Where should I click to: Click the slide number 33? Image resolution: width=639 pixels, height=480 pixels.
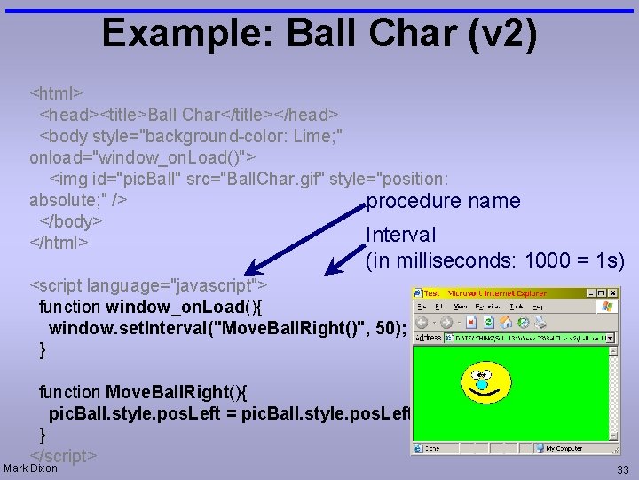point(622,469)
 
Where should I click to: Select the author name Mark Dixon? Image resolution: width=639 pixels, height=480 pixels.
point(31,468)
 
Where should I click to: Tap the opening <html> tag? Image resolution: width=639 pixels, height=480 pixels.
point(57,92)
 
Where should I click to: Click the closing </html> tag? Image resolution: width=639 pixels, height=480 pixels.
point(59,242)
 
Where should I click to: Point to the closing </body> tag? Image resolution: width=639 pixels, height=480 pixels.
point(71,220)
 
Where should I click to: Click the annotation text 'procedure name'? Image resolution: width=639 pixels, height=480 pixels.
point(443,202)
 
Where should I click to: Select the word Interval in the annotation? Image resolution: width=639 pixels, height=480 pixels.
point(401,236)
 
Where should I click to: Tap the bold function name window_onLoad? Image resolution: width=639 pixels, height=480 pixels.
point(169,308)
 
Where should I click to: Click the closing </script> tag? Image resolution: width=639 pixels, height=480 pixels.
point(63,456)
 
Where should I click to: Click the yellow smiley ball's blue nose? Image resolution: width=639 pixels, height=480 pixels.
point(482,385)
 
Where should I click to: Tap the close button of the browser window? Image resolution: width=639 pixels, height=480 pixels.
point(613,292)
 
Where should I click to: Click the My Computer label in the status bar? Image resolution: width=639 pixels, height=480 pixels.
point(564,449)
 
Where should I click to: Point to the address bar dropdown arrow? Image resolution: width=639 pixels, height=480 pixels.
point(610,338)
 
